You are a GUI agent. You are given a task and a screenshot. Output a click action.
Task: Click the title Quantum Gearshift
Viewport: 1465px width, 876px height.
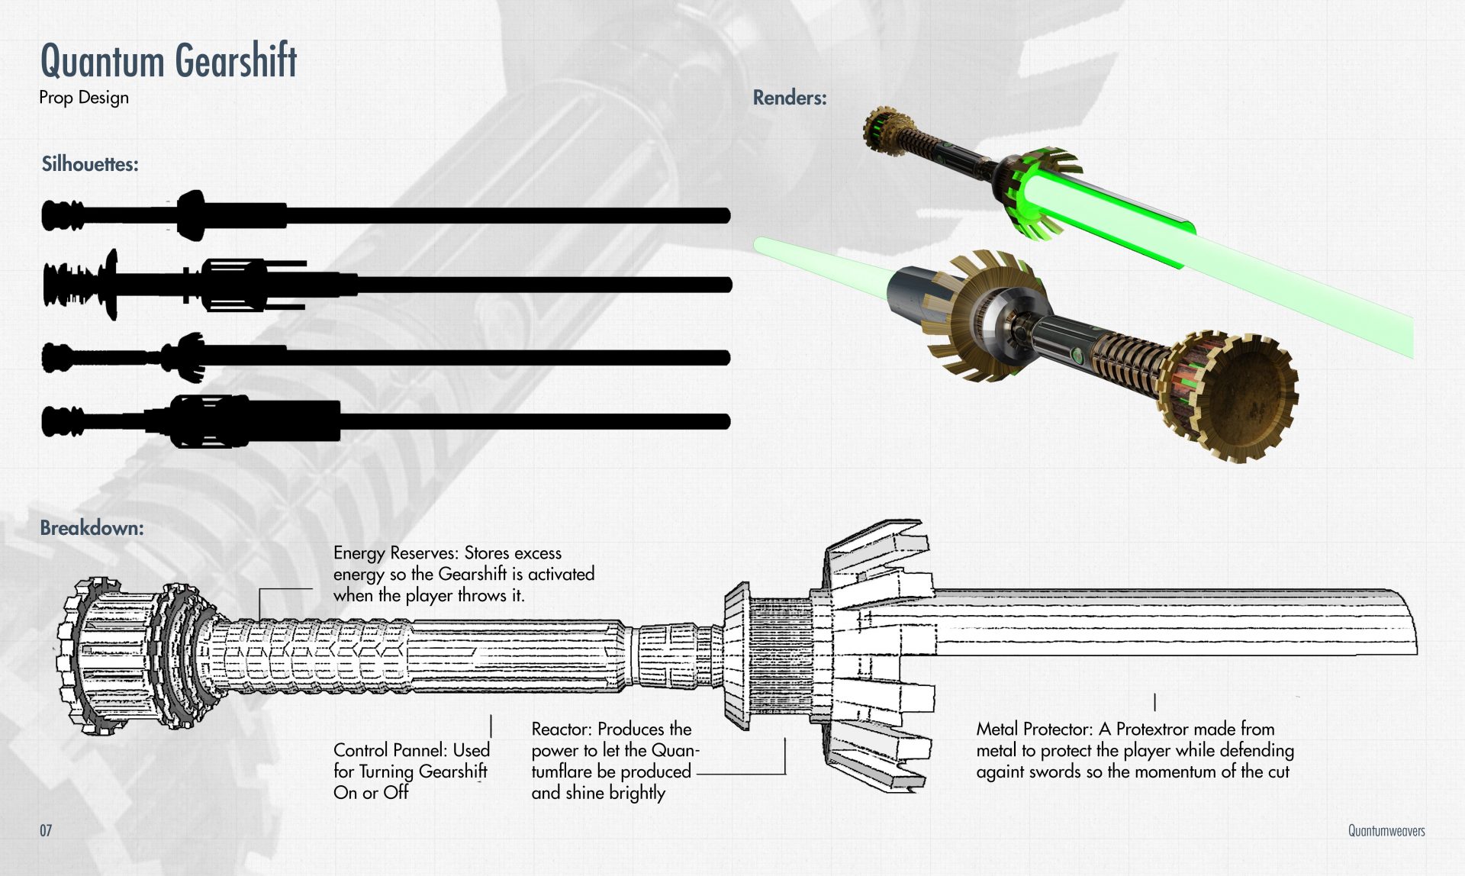tap(168, 61)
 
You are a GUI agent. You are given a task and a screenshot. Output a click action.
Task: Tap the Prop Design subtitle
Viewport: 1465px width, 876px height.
tap(84, 98)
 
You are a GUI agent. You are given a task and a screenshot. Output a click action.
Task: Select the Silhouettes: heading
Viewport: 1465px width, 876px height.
tap(90, 164)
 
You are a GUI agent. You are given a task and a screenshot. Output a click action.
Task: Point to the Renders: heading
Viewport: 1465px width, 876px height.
tap(790, 98)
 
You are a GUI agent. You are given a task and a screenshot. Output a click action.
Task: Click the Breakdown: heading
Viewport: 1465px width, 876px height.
tap(92, 528)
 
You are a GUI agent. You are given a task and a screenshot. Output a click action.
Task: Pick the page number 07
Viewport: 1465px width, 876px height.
tap(46, 830)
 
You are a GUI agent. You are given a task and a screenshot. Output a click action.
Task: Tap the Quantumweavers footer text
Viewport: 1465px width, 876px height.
tap(1386, 831)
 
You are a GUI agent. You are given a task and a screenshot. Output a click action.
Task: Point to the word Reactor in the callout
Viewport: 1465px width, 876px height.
tap(561, 729)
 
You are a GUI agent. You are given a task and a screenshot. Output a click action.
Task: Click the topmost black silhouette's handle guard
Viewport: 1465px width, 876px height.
tap(191, 215)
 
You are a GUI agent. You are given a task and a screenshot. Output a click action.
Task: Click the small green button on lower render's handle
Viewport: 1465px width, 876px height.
tap(1077, 355)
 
